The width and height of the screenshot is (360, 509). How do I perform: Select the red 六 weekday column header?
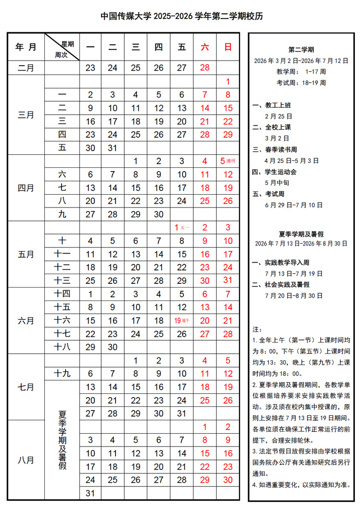[x=205, y=47]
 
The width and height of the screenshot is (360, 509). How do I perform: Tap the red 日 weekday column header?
[x=228, y=47]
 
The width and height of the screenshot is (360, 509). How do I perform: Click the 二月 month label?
[x=26, y=68]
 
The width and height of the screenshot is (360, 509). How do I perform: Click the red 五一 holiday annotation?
[x=185, y=228]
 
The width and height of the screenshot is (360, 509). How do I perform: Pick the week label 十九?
[x=62, y=374]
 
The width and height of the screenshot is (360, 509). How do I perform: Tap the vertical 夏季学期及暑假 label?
[x=62, y=439]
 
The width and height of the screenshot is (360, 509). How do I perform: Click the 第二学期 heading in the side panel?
[x=301, y=50]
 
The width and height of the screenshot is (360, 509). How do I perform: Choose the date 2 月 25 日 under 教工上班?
[x=278, y=117]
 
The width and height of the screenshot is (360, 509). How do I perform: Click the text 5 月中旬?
[x=277, y=183]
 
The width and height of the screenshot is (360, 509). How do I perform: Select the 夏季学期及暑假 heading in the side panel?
[x=301, y=234]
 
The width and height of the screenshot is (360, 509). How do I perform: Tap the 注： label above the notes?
[x=257, y=330]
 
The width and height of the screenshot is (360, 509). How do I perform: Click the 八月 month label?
[x=26, y=460]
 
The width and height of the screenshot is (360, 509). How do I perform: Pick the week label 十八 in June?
[x=62, y=347]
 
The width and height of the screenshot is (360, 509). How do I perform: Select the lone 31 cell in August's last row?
[x=91, y=493]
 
